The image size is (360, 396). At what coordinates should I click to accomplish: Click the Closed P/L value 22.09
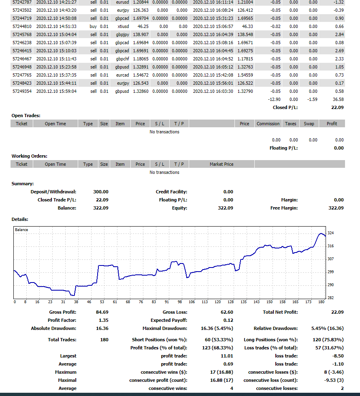click(337, 107)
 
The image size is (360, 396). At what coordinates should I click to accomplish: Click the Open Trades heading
click(26, 116)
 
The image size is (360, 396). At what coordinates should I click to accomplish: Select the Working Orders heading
click(30, 156)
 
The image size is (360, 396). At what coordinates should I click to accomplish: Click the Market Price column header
click(222, 164)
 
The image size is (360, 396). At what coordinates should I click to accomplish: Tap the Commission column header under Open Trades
click(268, 124)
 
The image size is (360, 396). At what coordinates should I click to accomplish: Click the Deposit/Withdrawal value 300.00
click(101, 192)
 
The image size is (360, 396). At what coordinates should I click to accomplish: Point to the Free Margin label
click(284, 208)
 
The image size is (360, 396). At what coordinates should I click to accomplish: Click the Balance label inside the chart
click(21, 230)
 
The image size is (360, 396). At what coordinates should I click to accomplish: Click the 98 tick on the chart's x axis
click(179, 302)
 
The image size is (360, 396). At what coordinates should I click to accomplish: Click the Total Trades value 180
click(104, 340)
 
